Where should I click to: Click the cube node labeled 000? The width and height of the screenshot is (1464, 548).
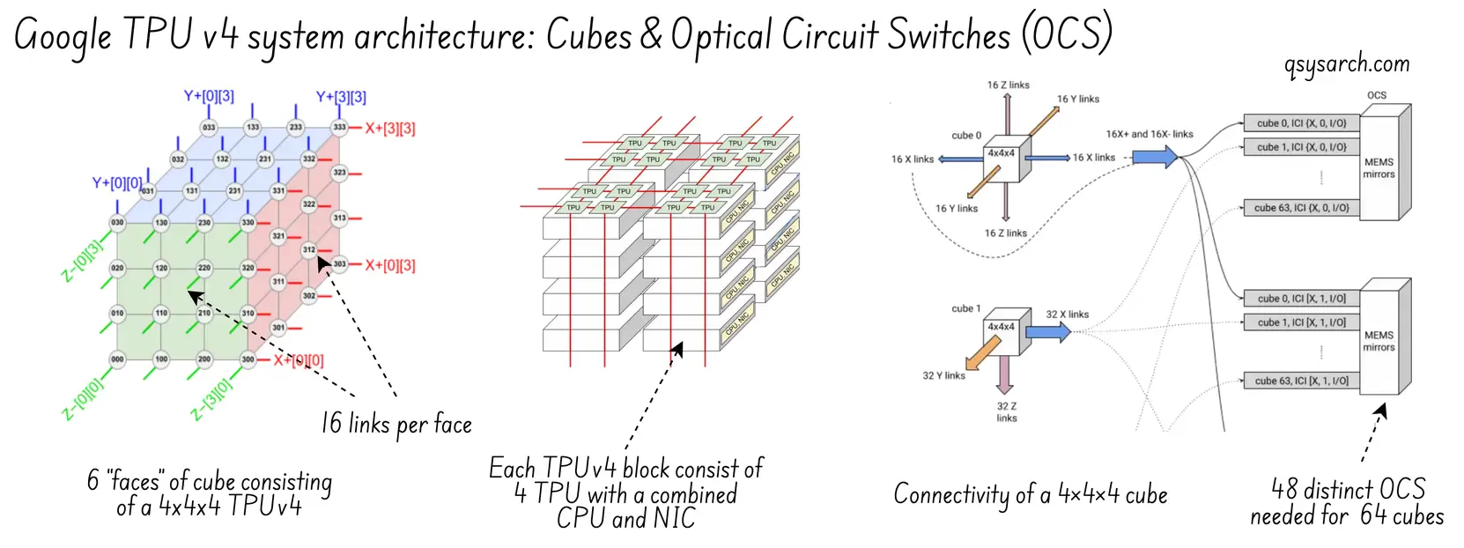(x=116, y=359)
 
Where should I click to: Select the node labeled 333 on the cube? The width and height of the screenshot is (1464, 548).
(x=339, y=128)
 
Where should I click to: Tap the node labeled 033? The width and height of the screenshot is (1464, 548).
(x=209, y=128)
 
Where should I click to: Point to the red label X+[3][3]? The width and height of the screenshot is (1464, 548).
(x=390, y=129)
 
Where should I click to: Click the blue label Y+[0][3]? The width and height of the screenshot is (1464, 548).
(x=209, y=96)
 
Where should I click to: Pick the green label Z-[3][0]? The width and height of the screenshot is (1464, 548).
(x=212, y=398)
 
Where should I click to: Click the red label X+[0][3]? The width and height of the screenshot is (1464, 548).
(x=390, y=265)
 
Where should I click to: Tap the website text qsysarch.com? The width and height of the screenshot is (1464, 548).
(x=1347, y=65)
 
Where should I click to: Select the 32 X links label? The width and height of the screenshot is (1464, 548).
(x=1067, y=315)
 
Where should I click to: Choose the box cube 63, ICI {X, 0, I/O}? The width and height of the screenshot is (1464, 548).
(x=1301, y=209)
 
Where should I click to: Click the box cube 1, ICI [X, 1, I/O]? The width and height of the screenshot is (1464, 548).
(x=1301, y=322)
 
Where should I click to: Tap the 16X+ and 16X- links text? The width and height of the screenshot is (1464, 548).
(x=1149, y=134)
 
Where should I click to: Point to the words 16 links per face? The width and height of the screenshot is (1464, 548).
(x=396, y=425)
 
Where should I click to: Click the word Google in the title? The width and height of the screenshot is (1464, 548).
(x=63, y=37)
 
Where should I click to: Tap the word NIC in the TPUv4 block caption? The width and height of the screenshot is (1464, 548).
(x=672, y=519)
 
